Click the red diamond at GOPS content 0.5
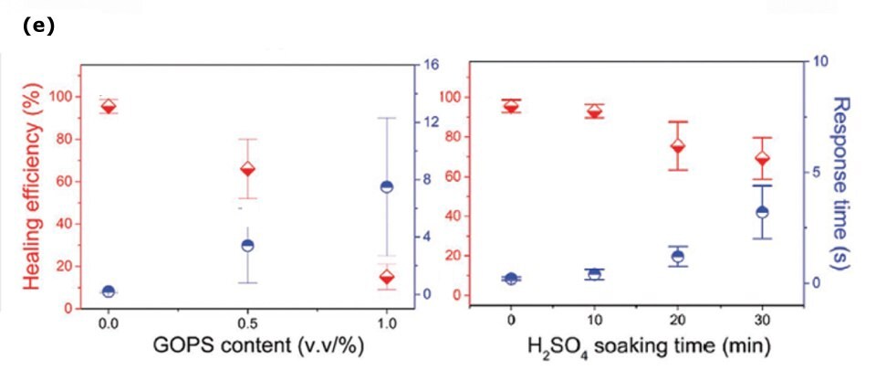tap(246, 169)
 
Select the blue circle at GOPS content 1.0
tap(386, 186)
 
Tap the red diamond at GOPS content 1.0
tap(386, 278)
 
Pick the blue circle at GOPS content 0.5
tap(246, 245)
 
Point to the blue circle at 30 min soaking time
tap(762, 212)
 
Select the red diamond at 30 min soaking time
tap(762, 158)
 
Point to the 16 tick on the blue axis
tap(431, 65)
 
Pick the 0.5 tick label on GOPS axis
tap(246, 322)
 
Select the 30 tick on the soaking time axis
tap(762, 320)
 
